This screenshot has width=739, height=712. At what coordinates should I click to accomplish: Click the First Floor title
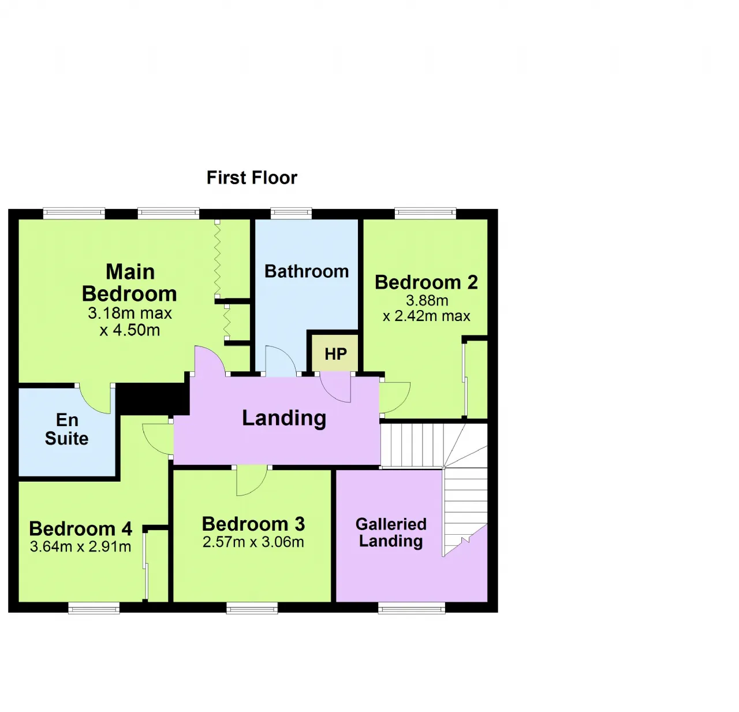click(252, 178)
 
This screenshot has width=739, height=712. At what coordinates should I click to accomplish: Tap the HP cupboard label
click(335, 354)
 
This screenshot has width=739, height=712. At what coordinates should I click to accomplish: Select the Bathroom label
click(307, 271)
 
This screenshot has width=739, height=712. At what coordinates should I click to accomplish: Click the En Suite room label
click(67, 429)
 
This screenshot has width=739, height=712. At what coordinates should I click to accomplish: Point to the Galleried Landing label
click(391, 532)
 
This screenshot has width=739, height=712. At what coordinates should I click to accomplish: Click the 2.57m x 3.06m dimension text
click(253, 542)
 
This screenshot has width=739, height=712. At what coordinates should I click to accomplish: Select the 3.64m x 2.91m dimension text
click(80, 546)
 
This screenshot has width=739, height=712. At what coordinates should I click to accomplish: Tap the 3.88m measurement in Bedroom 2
click(427, 300)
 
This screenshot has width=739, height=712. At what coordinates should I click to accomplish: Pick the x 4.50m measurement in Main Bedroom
click(130, 330)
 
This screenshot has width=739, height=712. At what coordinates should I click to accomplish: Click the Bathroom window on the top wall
click(292, 214)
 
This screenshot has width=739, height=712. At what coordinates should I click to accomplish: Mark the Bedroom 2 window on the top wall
click(426, 214)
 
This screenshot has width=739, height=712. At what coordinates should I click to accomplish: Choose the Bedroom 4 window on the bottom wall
click(94, 607)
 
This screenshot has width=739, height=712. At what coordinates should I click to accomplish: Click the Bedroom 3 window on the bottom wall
click(252, 607)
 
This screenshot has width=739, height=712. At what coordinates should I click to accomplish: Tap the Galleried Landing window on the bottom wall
click(412, 607)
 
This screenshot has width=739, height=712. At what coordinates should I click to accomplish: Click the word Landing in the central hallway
click(284, 418)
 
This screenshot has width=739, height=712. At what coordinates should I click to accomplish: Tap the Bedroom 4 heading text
click(80, 528)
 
